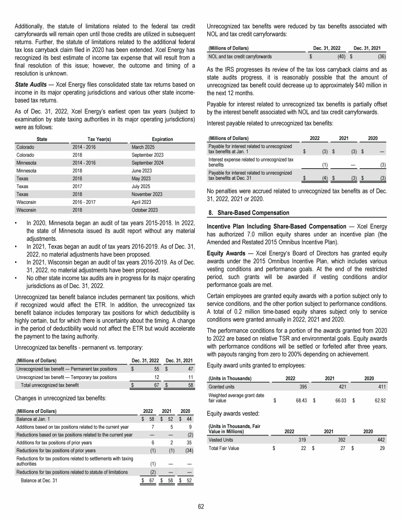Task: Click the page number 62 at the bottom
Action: pyautogui.click(x=201, y=505)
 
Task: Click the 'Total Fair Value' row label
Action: pyautogui.click(x=224, y=448)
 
